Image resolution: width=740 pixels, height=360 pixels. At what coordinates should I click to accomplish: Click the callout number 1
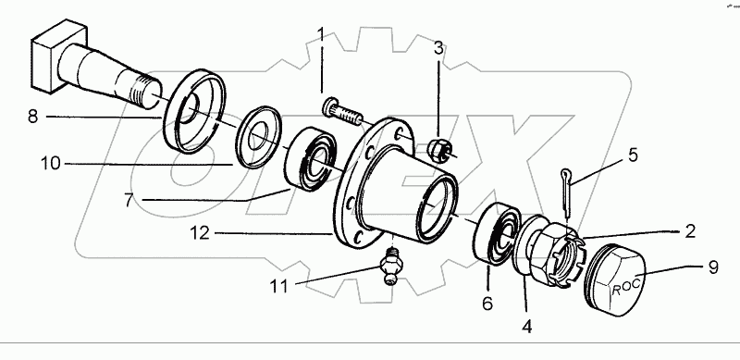(321, 35)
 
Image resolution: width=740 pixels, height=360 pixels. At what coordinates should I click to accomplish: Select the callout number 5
(633, 155)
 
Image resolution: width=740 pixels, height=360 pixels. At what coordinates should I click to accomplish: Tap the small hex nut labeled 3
(440, 148)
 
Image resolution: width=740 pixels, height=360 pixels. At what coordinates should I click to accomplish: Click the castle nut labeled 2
(553, 253)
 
